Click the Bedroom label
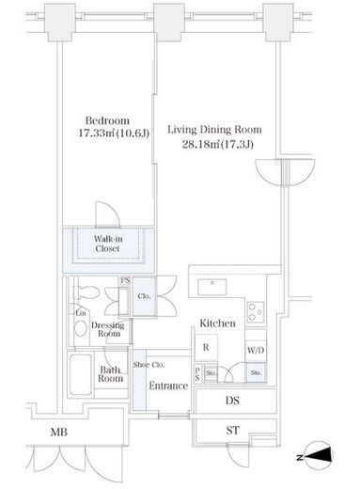click(107, 120)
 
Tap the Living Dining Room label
click(214, 130)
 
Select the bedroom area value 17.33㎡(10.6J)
click(113, 134)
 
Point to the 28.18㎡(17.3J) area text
click(218, 145)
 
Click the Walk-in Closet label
click(108, 244)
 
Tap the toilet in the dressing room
click(87, 292)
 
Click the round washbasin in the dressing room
click(81, 328)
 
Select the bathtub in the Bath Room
click(81, 374)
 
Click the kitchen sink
click(211, 287)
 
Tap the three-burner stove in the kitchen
click(256, 312)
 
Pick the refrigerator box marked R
click(206, 347)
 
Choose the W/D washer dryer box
click(256, 350)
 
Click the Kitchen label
click(217, 323)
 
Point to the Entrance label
click(168, 386)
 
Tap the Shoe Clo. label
click(149, 365)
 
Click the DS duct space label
click(232, 401)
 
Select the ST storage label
click(232, 431)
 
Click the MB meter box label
click(59, 433)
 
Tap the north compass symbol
click(317, 456)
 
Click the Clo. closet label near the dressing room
click(144, 296)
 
